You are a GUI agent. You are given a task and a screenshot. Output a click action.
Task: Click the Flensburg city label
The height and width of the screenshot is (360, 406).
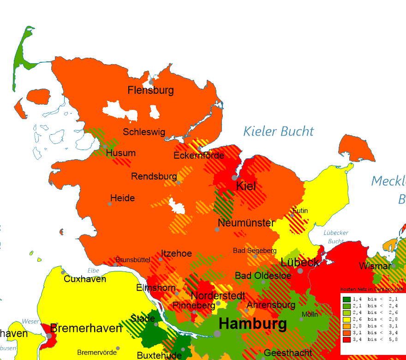150,90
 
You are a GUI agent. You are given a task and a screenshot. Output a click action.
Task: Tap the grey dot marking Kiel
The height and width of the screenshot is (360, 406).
234,177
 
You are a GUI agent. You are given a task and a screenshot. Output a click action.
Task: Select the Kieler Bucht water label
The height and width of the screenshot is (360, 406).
279,132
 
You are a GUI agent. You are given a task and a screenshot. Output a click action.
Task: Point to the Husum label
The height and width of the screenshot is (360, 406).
121,153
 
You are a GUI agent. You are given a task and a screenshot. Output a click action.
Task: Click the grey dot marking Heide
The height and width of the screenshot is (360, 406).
110,204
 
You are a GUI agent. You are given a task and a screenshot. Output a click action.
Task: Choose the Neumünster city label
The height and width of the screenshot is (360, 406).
246,223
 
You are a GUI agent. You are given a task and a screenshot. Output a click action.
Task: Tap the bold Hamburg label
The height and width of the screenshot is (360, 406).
252,324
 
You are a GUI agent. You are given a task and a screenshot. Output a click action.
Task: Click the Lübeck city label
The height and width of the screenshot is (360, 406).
300,263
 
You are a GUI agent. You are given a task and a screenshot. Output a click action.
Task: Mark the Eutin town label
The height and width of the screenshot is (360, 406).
300,211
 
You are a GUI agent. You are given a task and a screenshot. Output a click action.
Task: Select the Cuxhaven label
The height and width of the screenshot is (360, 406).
85,279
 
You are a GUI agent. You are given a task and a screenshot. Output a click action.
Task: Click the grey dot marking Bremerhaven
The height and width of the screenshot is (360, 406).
49,336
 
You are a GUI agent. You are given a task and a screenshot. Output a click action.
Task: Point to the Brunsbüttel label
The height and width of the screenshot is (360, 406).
133,260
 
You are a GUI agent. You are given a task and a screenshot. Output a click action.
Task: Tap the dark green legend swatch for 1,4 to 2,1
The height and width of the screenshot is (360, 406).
346,299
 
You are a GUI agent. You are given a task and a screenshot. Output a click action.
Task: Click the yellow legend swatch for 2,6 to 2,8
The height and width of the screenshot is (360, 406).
346,319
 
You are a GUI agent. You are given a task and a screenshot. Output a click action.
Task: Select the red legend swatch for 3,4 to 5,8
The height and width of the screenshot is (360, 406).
346,339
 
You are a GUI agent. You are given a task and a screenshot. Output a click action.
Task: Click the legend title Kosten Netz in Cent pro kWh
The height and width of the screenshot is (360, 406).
372,289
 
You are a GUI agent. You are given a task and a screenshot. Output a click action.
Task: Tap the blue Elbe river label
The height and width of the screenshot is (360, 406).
93,271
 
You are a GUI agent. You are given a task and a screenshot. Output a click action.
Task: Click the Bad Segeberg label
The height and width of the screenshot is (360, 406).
255,251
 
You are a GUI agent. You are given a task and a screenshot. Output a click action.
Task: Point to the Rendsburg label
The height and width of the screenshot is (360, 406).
154,177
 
